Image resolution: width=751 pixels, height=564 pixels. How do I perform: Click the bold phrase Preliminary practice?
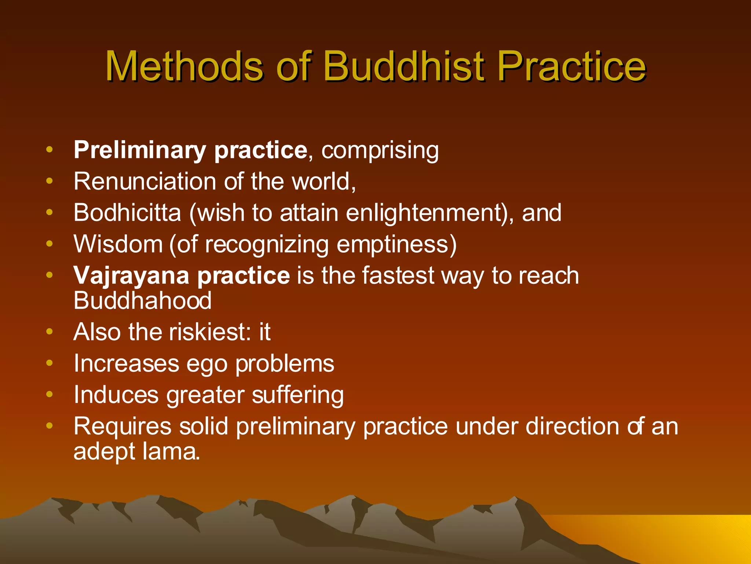click(190, 150)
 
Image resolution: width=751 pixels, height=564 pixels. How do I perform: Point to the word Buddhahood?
click(143, 301)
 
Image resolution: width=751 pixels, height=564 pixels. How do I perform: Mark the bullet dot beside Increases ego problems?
click(50, 363)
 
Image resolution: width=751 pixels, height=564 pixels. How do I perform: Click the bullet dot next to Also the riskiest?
click(50, 332)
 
